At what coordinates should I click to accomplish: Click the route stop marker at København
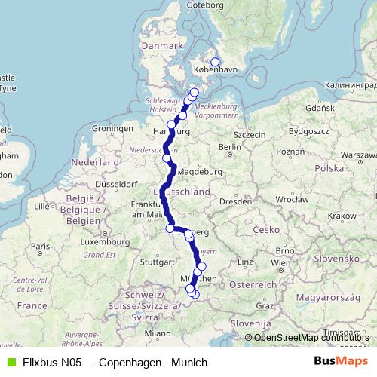pyautogui.click(x=215, y=63)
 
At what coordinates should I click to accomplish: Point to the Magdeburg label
pyautogui.click(x=200, y=171)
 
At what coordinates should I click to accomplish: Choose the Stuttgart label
pyautogui.click(x=158, y=262)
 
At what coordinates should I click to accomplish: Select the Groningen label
pyautogui.click(x=112, y=129)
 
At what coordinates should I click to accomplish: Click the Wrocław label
pyautogui.click(x=291, y=199)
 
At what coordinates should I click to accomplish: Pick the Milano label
pyautogui.click(x=158, y=333)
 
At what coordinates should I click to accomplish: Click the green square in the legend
pyautogui.click(x=11, y=363)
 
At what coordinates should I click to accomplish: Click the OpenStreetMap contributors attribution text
pyautogui.click(x=311, y=338)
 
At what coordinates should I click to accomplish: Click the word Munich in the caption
pyautogui.click(x=190, y=363)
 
